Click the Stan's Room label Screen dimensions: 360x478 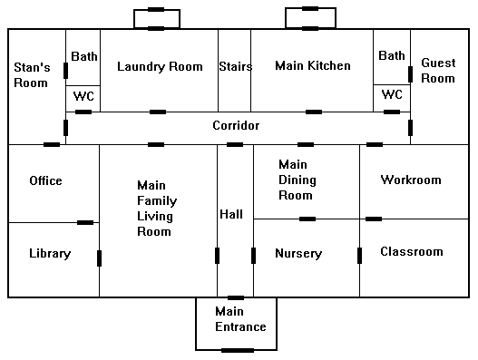pyautogui.click(x=31, y=74)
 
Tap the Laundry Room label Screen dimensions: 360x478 pyautogui.click(x=160, y=66)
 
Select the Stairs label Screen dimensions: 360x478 pyautogui.click(x=235, y=66)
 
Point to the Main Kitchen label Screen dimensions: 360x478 pyautogui.click(x=312, y=66)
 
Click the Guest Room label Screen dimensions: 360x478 pyautogui.click(x=438, y=71)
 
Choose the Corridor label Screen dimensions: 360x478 pyautogui.click(x=236, y=125)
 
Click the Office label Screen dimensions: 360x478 pyautogui.click(x=45, y=180)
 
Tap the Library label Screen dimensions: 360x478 pyautogui.click(x=50, y=254)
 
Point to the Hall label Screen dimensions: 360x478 pyautogui.click(x=231, y=214)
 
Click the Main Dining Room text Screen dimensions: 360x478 pyautogui.click(x=296, y=180)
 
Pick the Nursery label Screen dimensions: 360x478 pyautogui.click(x=298, y=254)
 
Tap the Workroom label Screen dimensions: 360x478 pyautogui.click(x=411, y=180)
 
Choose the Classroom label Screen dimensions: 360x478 pyautogui.click(x=411, y=251)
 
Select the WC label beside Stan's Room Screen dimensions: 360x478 pyautogui.click(x=83, y=95)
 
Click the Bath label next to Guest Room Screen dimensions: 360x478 pyautogui.click(x=392, y=56)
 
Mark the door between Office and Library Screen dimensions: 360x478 pyautogui.click(x=86, y=222)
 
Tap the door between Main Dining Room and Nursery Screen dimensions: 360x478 pyautogui.click(x=307, y=219)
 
